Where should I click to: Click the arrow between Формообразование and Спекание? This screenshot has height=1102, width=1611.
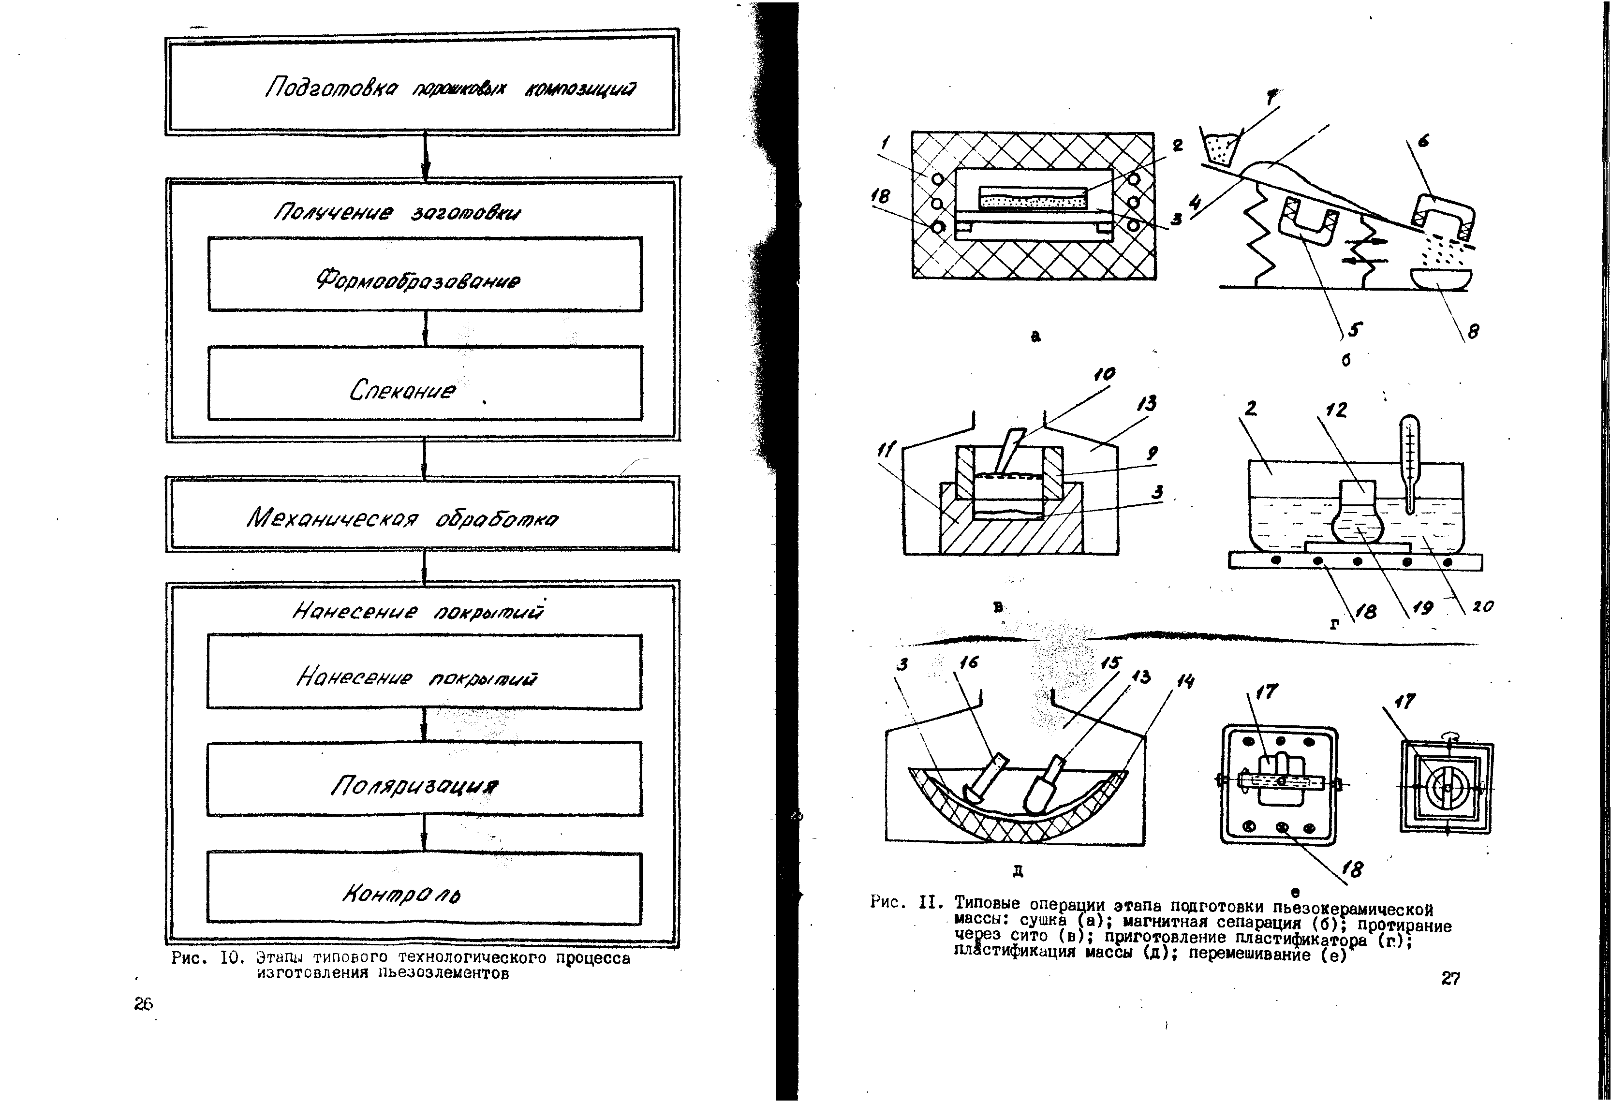click(x=425, y=328)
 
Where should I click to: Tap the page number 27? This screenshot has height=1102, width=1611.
click(x=1450, y=978)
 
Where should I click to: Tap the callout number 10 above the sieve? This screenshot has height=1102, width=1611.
click(x=1104, y=374)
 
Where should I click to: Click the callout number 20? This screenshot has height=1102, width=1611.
click(x=1483, y=606)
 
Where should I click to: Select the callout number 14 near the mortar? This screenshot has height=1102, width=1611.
click(x=1185, y=682)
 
